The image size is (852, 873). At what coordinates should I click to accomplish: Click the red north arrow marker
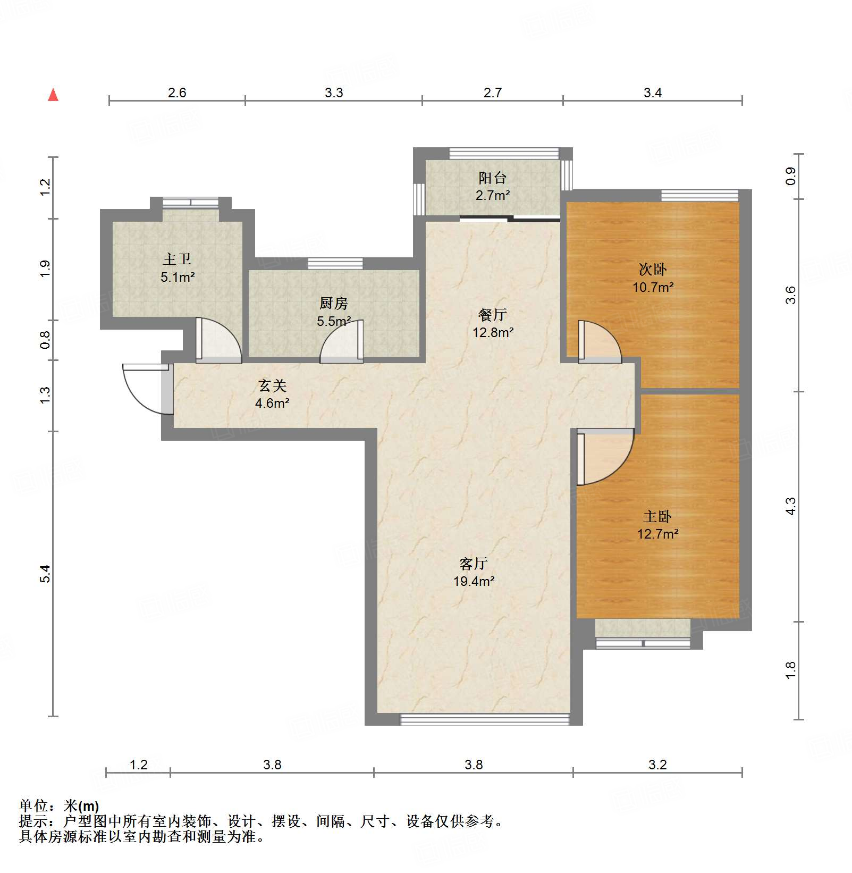point(53,95)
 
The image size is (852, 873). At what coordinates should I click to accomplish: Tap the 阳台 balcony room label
point(492,178)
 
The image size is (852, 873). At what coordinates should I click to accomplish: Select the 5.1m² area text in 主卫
point(178,277)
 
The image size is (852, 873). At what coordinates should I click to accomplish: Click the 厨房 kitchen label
point(333,304)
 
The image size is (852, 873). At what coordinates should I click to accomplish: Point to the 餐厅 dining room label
point(492,315)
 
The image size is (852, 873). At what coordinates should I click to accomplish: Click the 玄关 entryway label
point(272,385)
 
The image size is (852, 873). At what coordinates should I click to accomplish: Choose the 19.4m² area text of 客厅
point(474,581)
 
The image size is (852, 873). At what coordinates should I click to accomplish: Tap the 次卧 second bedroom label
point(653,270)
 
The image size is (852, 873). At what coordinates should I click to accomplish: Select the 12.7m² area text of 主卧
point(657,534)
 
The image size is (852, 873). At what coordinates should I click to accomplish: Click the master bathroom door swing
point(218,340)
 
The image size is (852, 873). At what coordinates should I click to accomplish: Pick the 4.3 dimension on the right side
point(791,506)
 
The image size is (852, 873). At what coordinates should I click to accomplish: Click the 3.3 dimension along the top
point(334,93)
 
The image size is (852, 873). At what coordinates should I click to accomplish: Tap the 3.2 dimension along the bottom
point(657,765)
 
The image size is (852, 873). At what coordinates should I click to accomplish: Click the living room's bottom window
point(484,719)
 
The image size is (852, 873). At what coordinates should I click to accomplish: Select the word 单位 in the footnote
point(33,806)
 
